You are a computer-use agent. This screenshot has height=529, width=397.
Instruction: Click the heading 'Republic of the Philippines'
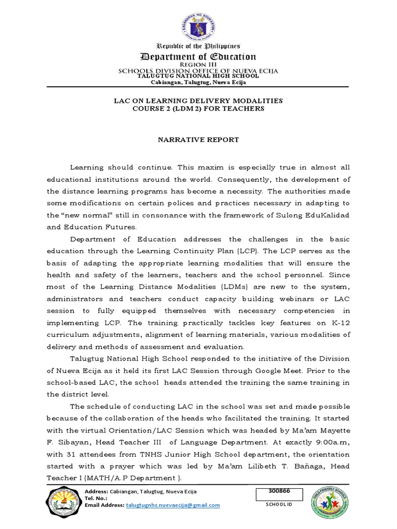(198, 46)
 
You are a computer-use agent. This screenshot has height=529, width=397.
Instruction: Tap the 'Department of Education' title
(198, 56)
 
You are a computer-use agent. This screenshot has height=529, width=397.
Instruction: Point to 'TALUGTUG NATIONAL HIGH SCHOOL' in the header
(198, 76)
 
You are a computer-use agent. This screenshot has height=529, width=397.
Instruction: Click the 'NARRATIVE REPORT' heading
(198, 140)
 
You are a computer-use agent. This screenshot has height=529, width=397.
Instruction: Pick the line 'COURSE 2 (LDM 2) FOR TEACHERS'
(198, 109)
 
